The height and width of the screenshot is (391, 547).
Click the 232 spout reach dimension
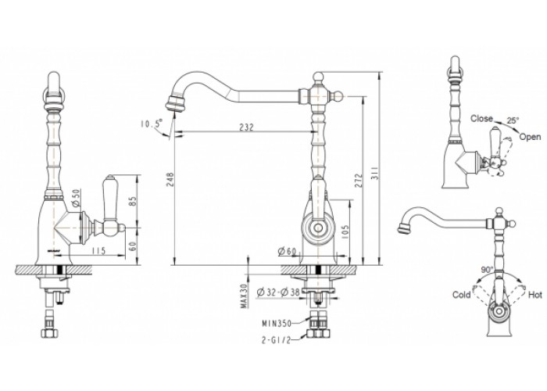click(x=246, y=127)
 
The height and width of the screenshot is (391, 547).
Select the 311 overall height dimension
click(x=375, y=172)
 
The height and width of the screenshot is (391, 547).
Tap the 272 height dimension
click(x=359, y=180)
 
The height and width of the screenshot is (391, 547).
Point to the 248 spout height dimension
click(x=170, y=179)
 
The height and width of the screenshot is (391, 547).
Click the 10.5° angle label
click(x=152, y=124)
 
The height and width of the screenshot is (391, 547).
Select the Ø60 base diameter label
click(x=287, y=251)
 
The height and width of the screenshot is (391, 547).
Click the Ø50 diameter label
click(x=77, y=198)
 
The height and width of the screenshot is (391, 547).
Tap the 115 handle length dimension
click(x=98, y=251)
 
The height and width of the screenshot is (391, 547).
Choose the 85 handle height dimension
click(x=133, y=200)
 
